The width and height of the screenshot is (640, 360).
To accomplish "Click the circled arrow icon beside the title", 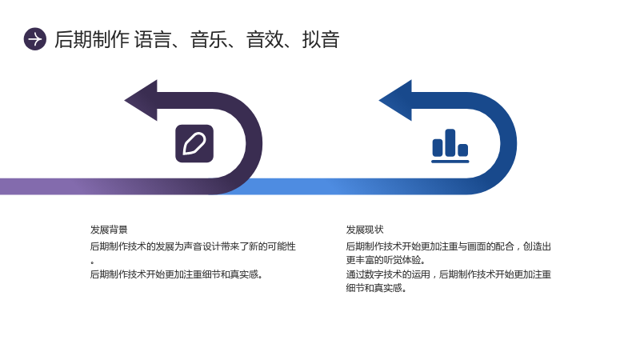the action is click(x=35, y=39).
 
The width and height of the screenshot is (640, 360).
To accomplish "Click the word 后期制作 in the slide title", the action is click(x=92, y=39).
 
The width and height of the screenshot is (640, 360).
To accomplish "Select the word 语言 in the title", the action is click(x=153, y=39).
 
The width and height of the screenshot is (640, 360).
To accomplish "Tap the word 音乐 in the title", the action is click(x=209, y=39).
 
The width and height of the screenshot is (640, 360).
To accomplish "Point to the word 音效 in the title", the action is click(x=265, y=39).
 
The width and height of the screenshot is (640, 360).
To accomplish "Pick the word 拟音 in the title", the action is click(x=321, y=39).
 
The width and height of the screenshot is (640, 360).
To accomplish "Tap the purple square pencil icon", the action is click(x=194, y=144).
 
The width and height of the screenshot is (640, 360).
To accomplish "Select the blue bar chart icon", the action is click(x=450, y=146).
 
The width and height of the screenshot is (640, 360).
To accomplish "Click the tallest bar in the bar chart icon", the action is click(x=450, y=142).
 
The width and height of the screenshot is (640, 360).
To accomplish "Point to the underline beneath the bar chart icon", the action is click(x=450, y=162).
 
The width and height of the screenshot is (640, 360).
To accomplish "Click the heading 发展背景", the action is click(x=109, y=230).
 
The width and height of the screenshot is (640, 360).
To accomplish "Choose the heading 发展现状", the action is click(x=365, y=230).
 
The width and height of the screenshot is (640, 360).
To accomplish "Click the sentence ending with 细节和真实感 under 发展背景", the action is click(x=176, y=274).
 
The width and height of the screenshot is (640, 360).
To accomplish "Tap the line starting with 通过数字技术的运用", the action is click(x=449, y=274).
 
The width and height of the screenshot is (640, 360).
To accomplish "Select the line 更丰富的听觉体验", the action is click(x=386, y=260).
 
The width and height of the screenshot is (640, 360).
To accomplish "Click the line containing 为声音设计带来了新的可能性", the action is click(x=193, y=246).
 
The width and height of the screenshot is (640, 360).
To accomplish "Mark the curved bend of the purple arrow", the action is click(x=254, y=144).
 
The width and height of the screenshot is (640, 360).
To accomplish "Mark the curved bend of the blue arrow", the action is click(x=509, y=144).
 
